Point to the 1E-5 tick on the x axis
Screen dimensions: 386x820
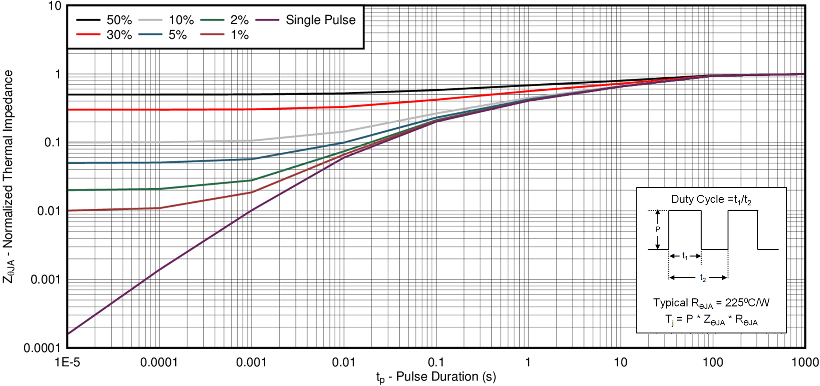point(67,362)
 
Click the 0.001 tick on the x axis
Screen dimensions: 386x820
point(251,362)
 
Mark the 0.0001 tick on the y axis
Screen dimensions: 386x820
point(42,348)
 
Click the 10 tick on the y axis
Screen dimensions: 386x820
point(55,6)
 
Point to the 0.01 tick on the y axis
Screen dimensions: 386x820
point(48,211)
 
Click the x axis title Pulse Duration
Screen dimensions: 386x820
point(436,377)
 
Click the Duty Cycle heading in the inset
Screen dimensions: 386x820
point(711,200)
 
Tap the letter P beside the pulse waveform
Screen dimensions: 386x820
point(657,229)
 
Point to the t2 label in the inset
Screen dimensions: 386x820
point(703,278)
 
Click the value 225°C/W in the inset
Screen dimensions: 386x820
point(747,303)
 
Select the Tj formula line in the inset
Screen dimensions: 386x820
point(711,320)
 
